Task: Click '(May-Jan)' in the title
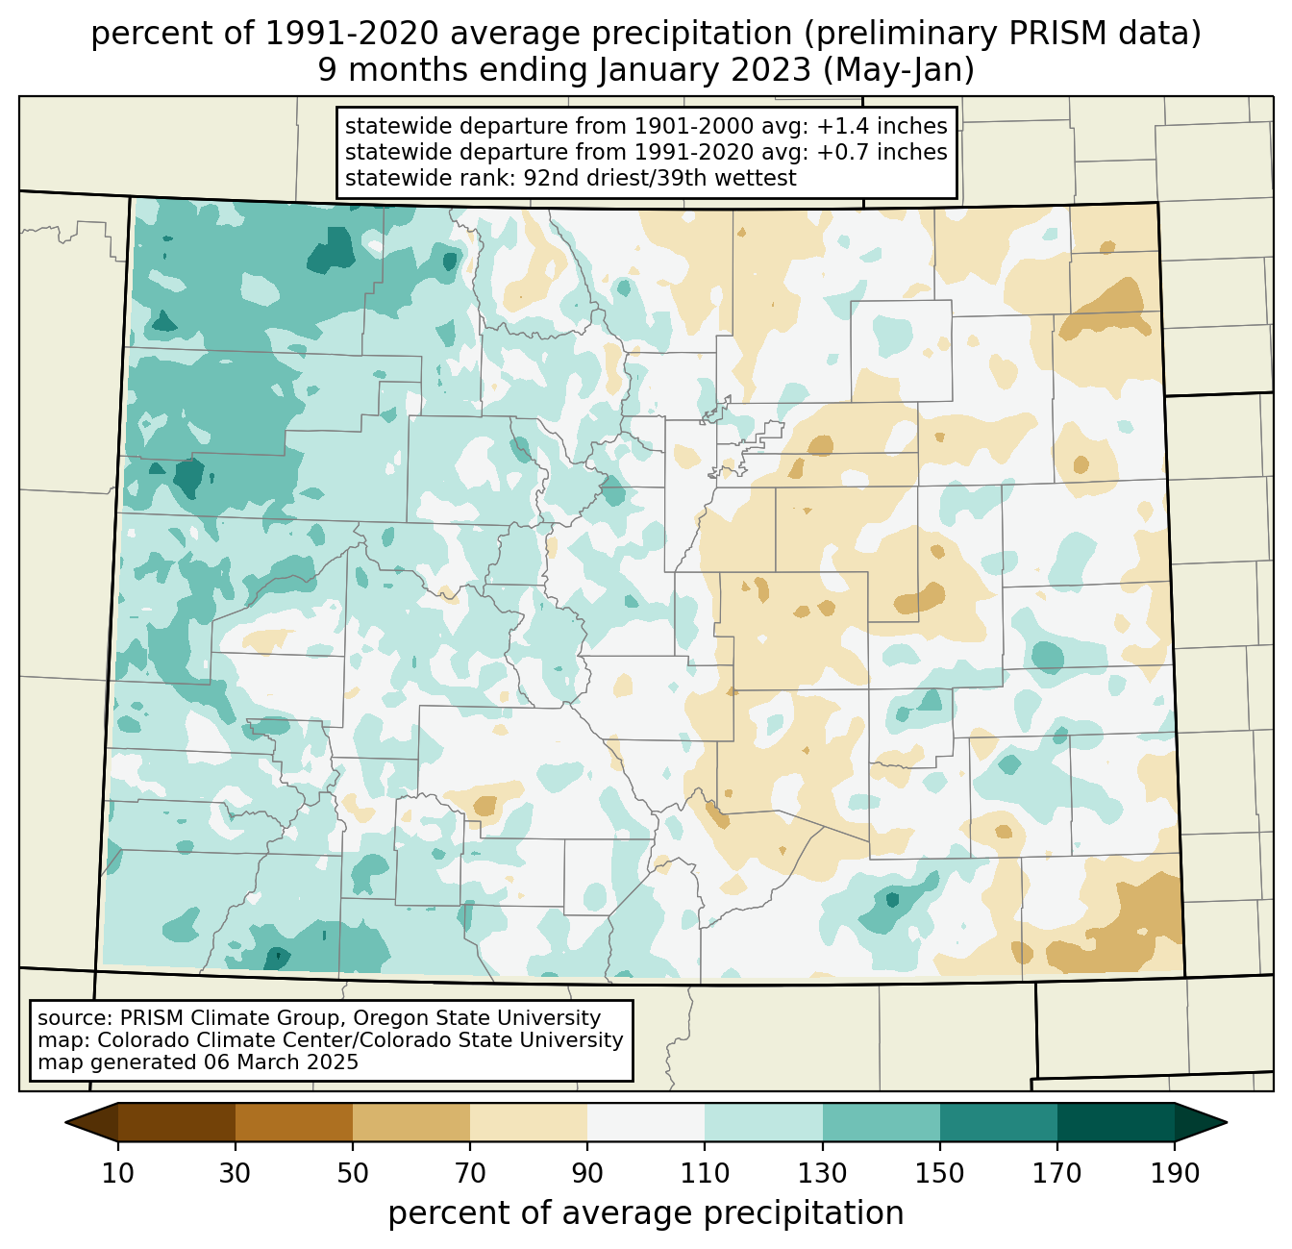[x=898, y=70]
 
